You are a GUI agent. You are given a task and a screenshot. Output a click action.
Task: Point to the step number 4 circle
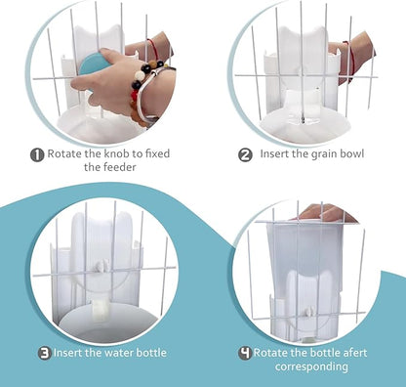click(x=244, y=353)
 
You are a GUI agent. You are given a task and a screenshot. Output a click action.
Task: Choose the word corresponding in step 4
click(x=314, y=366)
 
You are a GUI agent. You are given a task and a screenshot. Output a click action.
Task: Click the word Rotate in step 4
click(x=276, y=353)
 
